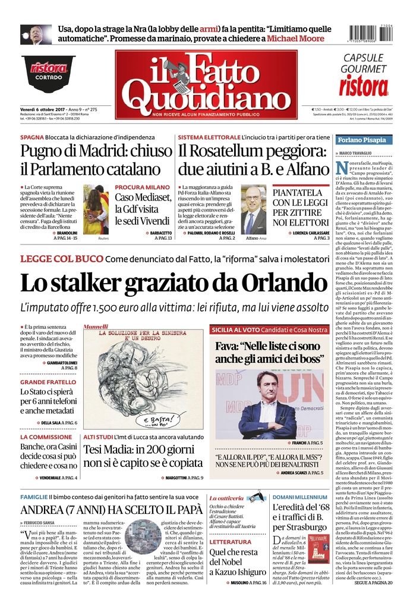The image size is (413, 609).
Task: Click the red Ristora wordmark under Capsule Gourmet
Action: pyautogui.click(x=364, y=86)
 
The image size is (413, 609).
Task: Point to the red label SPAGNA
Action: pyautogui.click(x=32, y=137)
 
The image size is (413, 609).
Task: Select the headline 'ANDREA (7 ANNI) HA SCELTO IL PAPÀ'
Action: pyautogui.click(x=103, y=510)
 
